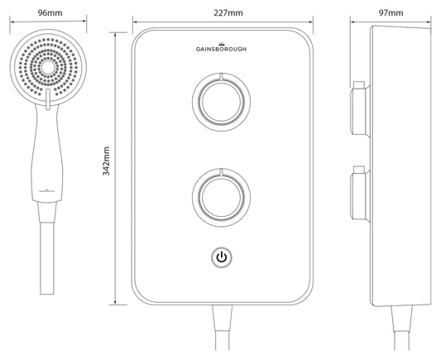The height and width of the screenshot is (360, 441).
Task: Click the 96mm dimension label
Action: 46,13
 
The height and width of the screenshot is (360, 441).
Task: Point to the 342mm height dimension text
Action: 107,166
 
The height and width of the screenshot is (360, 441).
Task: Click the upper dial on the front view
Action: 220,100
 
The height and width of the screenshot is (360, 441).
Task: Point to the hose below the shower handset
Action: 46,257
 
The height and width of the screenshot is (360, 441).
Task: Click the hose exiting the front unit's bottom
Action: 221,331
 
